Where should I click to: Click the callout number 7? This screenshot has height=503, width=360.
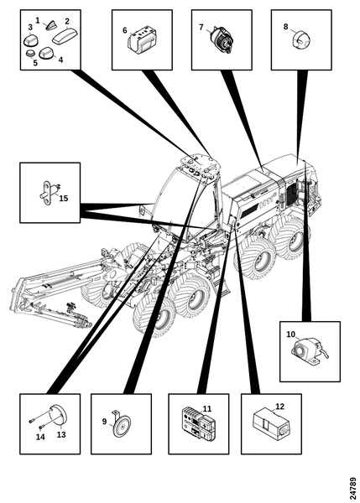[201, 28]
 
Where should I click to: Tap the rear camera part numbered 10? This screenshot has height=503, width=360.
[308, 352]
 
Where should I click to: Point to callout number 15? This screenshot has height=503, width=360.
[64, 198]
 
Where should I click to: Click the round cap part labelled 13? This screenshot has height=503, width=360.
[58, 416]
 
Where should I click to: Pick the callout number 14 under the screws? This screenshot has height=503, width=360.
[40, 437]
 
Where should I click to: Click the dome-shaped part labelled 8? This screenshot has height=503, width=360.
[300, 39]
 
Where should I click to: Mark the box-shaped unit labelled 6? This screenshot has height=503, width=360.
[142, 41]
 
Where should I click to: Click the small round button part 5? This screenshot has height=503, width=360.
[30, 54]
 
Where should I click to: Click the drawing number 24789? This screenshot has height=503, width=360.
[352, 487]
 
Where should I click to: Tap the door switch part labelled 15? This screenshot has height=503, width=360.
[47, 194]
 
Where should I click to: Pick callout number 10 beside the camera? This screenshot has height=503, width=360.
[290, 334]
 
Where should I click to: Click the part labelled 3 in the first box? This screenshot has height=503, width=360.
[31, 39]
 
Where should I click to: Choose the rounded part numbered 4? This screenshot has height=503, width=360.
[47, 53]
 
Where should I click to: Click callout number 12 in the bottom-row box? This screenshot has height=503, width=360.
[280, 407]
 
